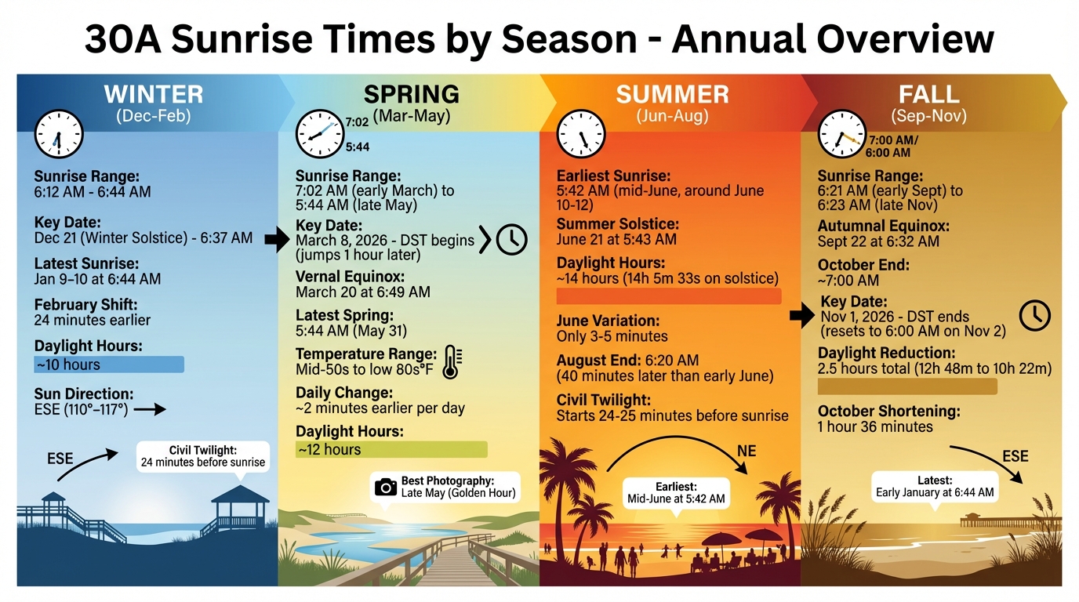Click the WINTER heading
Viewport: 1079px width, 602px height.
(x=154, y=95)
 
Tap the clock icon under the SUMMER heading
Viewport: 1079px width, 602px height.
(x=581, y=133)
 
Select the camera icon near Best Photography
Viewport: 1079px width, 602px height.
(x=385, y=487)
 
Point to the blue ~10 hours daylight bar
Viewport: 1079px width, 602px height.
(x=108, y=364)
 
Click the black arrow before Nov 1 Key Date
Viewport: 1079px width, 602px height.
(x=801, y=316)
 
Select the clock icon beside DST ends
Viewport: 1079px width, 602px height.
(x=1034, y=315)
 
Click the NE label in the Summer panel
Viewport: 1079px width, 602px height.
(x=747, y=451)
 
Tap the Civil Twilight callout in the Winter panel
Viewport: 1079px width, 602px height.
(x=203, y=456)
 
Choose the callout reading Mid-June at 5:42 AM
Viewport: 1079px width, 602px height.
(x=676, y=493)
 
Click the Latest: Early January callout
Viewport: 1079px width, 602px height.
(x=935, y=487)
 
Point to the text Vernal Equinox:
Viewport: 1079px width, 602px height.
(x=350, y=277)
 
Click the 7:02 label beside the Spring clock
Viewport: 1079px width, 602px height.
(x=357, y=122)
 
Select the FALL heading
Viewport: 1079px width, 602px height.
(x=928, y=95)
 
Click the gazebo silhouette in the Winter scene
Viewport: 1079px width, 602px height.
(x=240, y=510)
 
